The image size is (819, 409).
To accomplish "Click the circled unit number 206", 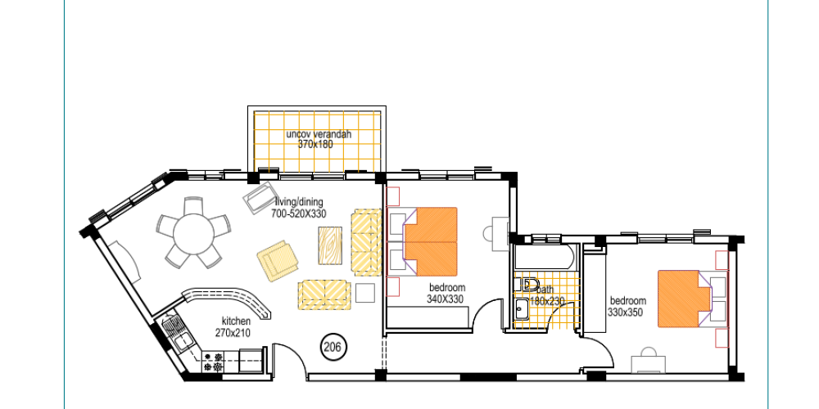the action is tap(333, 346).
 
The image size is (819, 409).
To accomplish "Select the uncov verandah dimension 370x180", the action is tap(315, 144).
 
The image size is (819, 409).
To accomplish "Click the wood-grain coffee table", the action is tap(330, 245).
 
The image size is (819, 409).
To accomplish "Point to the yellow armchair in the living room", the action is tap(278, 261).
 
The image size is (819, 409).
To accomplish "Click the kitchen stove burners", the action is tap(212, 362).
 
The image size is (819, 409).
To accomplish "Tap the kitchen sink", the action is tap(177, 335).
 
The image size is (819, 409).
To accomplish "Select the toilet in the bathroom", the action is tap(526, 285).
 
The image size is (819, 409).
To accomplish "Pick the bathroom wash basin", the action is tap(520, 309).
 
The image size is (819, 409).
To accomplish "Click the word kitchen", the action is tap(236, 321).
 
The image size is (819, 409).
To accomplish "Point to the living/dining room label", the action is tap(299, 202).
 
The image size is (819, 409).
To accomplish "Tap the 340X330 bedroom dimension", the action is tap(446, 299).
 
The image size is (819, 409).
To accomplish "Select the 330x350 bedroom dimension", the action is tap(625, 312).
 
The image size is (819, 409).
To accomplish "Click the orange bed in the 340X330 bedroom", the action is tap(431, 241).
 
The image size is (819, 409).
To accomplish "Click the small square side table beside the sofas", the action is tap(365, 293).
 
